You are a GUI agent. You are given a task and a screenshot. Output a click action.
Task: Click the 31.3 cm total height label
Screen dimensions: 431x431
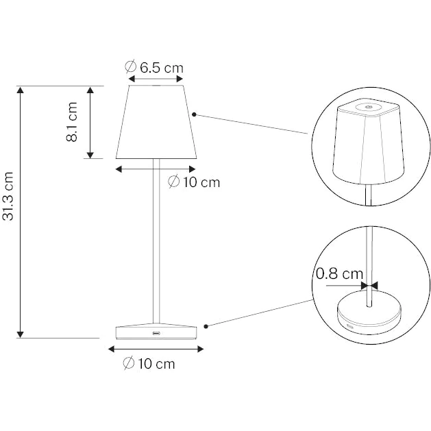click(x=8, y=196)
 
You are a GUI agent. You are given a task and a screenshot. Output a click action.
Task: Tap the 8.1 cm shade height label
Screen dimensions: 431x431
click(x=72, y=122)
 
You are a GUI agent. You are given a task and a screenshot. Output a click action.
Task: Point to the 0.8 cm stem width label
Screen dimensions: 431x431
click(x=339, y=274)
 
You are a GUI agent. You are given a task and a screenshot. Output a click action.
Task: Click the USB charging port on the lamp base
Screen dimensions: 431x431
click(x=156, y=334)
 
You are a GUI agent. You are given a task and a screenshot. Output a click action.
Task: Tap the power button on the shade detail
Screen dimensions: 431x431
click(x=368, y=107)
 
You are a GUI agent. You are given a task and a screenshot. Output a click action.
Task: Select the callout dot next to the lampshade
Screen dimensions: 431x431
click(x=194, y=114)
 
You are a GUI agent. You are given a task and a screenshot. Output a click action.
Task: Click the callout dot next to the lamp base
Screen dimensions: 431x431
click(x=206, y=326)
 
